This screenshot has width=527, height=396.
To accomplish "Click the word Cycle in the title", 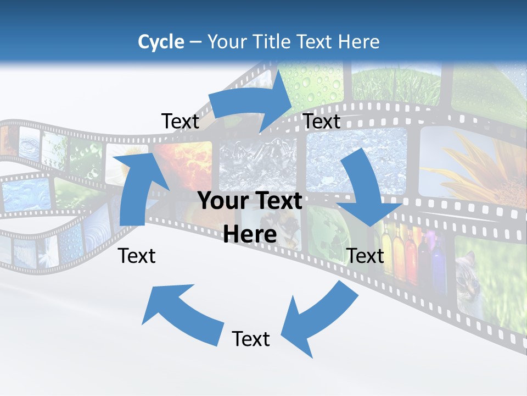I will pos(161,42).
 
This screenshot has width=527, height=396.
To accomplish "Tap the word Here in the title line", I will pos(359,42).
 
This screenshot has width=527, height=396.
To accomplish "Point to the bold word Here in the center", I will pos(250,235).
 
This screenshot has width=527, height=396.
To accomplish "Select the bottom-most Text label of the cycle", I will pos(251,339).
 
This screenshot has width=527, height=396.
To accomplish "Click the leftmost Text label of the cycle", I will pos(137,256).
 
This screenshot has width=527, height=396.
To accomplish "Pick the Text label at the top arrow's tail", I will pos(181,122).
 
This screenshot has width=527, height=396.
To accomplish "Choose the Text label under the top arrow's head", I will pos(322,122).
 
